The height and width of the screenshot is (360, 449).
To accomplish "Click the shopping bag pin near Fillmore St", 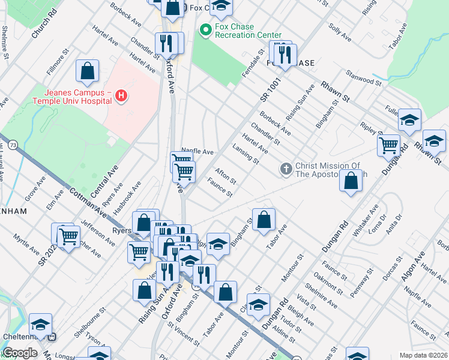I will click(88, 71).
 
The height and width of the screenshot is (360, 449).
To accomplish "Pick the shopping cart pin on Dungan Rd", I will click(388, 145).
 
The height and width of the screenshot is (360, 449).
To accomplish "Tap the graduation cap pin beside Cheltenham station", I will click(40, 325).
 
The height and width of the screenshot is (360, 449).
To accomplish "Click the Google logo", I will click(19, 353).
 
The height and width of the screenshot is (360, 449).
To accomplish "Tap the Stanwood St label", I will click(363, 78).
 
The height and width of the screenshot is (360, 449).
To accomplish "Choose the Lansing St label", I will click(246, 154).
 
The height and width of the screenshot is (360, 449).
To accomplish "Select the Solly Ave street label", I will click(340, 32).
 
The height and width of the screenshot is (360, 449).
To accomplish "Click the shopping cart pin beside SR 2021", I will click(69, 236).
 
